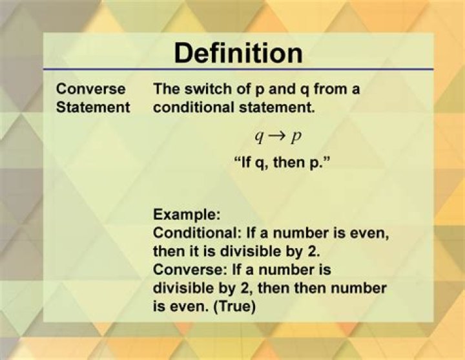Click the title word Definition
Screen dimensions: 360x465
point(238,53)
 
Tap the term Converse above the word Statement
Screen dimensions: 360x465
point(90,89)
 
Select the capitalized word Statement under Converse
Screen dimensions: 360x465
point(93,107)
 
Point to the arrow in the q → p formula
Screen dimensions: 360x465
point(278,137)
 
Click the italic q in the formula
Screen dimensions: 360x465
point(260,138)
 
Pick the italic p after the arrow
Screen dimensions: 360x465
point(297,138)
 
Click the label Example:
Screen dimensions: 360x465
point(187,213)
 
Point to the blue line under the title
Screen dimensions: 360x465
point(238,69)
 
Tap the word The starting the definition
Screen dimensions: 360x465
point(166,89)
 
